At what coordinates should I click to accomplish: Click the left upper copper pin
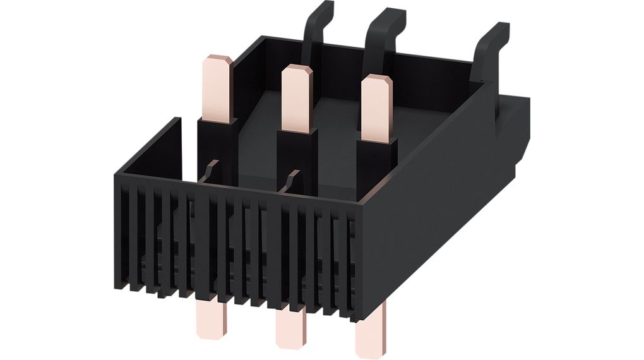click(217, 88)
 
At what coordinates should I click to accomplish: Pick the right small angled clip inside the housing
click(292, 179)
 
